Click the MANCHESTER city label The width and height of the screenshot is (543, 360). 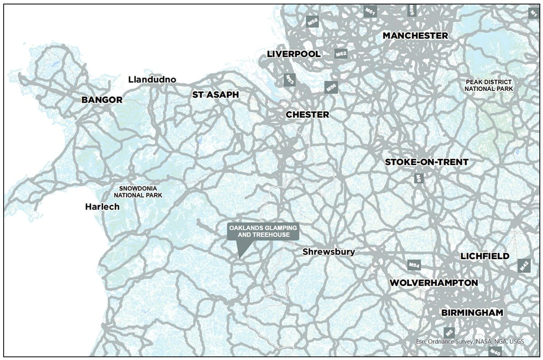415,36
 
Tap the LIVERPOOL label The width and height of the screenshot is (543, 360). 294,54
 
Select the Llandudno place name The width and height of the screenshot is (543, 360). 152,80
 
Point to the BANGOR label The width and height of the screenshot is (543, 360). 102,99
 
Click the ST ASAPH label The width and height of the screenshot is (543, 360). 215,95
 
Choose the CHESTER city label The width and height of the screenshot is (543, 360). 307,115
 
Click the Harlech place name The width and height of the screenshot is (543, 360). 102,207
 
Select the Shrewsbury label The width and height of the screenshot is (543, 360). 329,252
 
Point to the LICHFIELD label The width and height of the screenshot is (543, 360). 485,256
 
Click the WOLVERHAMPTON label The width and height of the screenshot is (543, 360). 433,283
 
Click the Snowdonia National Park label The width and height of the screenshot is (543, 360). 138,192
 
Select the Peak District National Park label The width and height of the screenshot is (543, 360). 489,85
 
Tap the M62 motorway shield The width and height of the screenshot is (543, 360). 341,54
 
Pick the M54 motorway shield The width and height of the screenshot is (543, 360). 414,265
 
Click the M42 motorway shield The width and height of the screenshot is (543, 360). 524,266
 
